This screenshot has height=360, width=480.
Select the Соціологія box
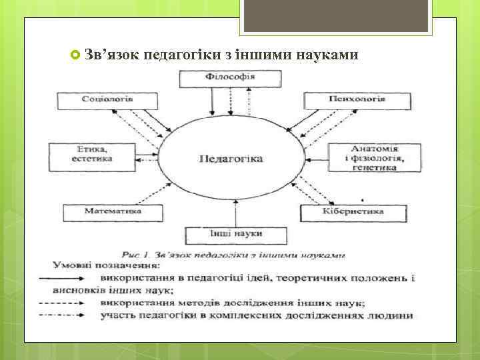tap(107, 100)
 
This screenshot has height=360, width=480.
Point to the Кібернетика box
tap(354, 213)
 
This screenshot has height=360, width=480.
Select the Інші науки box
tap(236, 235)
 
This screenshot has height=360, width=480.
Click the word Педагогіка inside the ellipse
tap(231, 159)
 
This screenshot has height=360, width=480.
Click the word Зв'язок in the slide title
tap(111, 54)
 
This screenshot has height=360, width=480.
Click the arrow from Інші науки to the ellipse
tap(236, 215)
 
